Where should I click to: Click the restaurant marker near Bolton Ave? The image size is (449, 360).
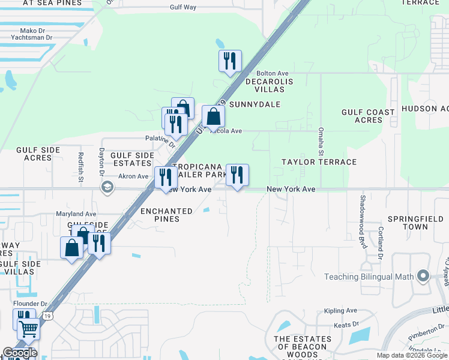click(229, 61)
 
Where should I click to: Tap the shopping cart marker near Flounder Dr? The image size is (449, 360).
click(28, 329)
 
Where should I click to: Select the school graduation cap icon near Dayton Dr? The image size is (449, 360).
click(107, 187)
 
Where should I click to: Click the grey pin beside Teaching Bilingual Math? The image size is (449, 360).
click(423, 277)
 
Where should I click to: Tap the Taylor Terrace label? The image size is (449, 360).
click(319, 162)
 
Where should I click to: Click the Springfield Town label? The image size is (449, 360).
click(408, 223)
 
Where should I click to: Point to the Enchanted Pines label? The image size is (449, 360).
click(166, 215)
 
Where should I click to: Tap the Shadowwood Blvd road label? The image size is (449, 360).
click(363, 214)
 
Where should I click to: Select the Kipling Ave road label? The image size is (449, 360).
click(340, 311)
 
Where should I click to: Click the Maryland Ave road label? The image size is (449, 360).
click(76, 214)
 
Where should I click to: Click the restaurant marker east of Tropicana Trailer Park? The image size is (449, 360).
click(237, 175)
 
